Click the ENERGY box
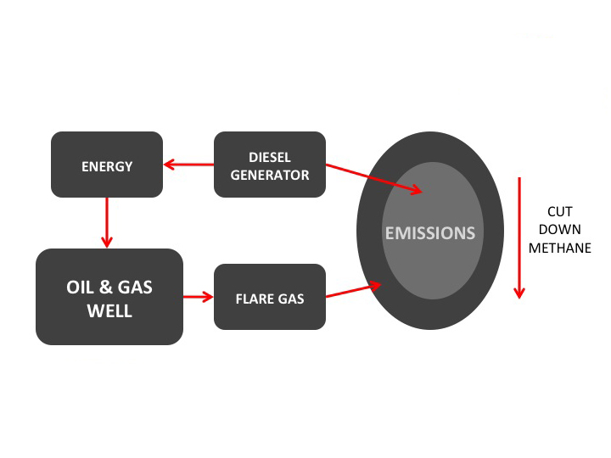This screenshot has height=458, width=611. [107, 165]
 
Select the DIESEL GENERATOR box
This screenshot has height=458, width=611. [270, 165]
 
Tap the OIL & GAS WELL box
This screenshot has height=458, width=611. [109, 298]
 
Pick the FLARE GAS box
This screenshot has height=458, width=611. [270, 298]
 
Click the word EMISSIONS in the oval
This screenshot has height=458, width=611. [430, 232]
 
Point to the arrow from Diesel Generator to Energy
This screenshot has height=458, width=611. [188, 165]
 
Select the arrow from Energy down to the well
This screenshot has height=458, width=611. [107, 222]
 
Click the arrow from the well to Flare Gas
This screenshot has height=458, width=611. [199, 297]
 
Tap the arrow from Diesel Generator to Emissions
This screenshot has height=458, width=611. [373, 180]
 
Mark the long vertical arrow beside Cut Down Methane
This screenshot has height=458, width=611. [519, 237]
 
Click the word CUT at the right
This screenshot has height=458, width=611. [559, 212]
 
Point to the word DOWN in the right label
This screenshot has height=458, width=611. [559, 230]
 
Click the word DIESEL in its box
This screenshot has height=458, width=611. [270, 158]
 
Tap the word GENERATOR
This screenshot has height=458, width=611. [270, 175]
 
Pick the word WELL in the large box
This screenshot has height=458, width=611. [109, 310]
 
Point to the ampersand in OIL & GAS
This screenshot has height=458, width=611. [109, 288]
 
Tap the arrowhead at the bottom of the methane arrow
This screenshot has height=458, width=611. [519, 293]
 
